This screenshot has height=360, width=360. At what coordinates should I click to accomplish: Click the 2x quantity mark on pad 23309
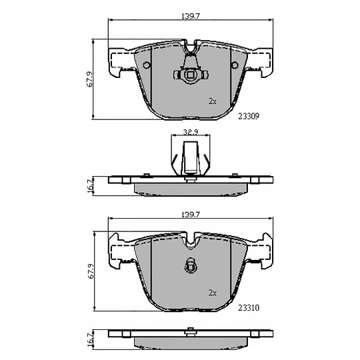[213, 101]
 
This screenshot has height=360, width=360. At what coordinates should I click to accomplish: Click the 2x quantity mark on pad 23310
[213, 293]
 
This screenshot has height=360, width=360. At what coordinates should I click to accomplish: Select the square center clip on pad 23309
[189, 75]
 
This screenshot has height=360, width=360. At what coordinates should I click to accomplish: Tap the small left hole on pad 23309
[144, 65]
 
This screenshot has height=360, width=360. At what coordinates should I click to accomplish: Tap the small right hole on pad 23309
[235, 65]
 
